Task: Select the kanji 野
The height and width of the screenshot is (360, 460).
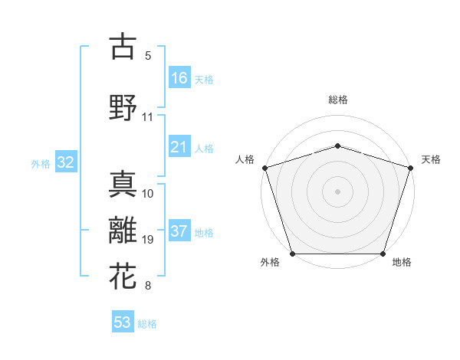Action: pos(123,107)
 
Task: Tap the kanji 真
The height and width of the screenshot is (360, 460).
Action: pos(123,184)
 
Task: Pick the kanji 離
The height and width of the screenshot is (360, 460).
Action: pos(123,231)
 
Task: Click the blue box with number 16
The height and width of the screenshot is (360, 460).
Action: pos(179,78)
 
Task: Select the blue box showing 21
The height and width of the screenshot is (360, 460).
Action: pos(179,147)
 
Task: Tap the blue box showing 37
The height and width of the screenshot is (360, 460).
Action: pos(179,232)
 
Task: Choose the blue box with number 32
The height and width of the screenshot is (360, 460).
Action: pos(65,162)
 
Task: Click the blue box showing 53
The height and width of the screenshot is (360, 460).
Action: pos(123,322)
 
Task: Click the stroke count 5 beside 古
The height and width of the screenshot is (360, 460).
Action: pos(148,56)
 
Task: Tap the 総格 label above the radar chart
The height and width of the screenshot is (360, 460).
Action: pos(337,100)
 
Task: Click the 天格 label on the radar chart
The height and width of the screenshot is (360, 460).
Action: pos(431,159)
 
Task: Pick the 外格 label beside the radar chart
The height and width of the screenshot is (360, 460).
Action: pos(270,262)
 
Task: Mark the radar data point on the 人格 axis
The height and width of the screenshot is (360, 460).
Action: pos(264,168)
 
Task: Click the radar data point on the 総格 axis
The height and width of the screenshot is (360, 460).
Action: pos(337,146)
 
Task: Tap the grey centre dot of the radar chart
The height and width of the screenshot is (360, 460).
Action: pos(337,191)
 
